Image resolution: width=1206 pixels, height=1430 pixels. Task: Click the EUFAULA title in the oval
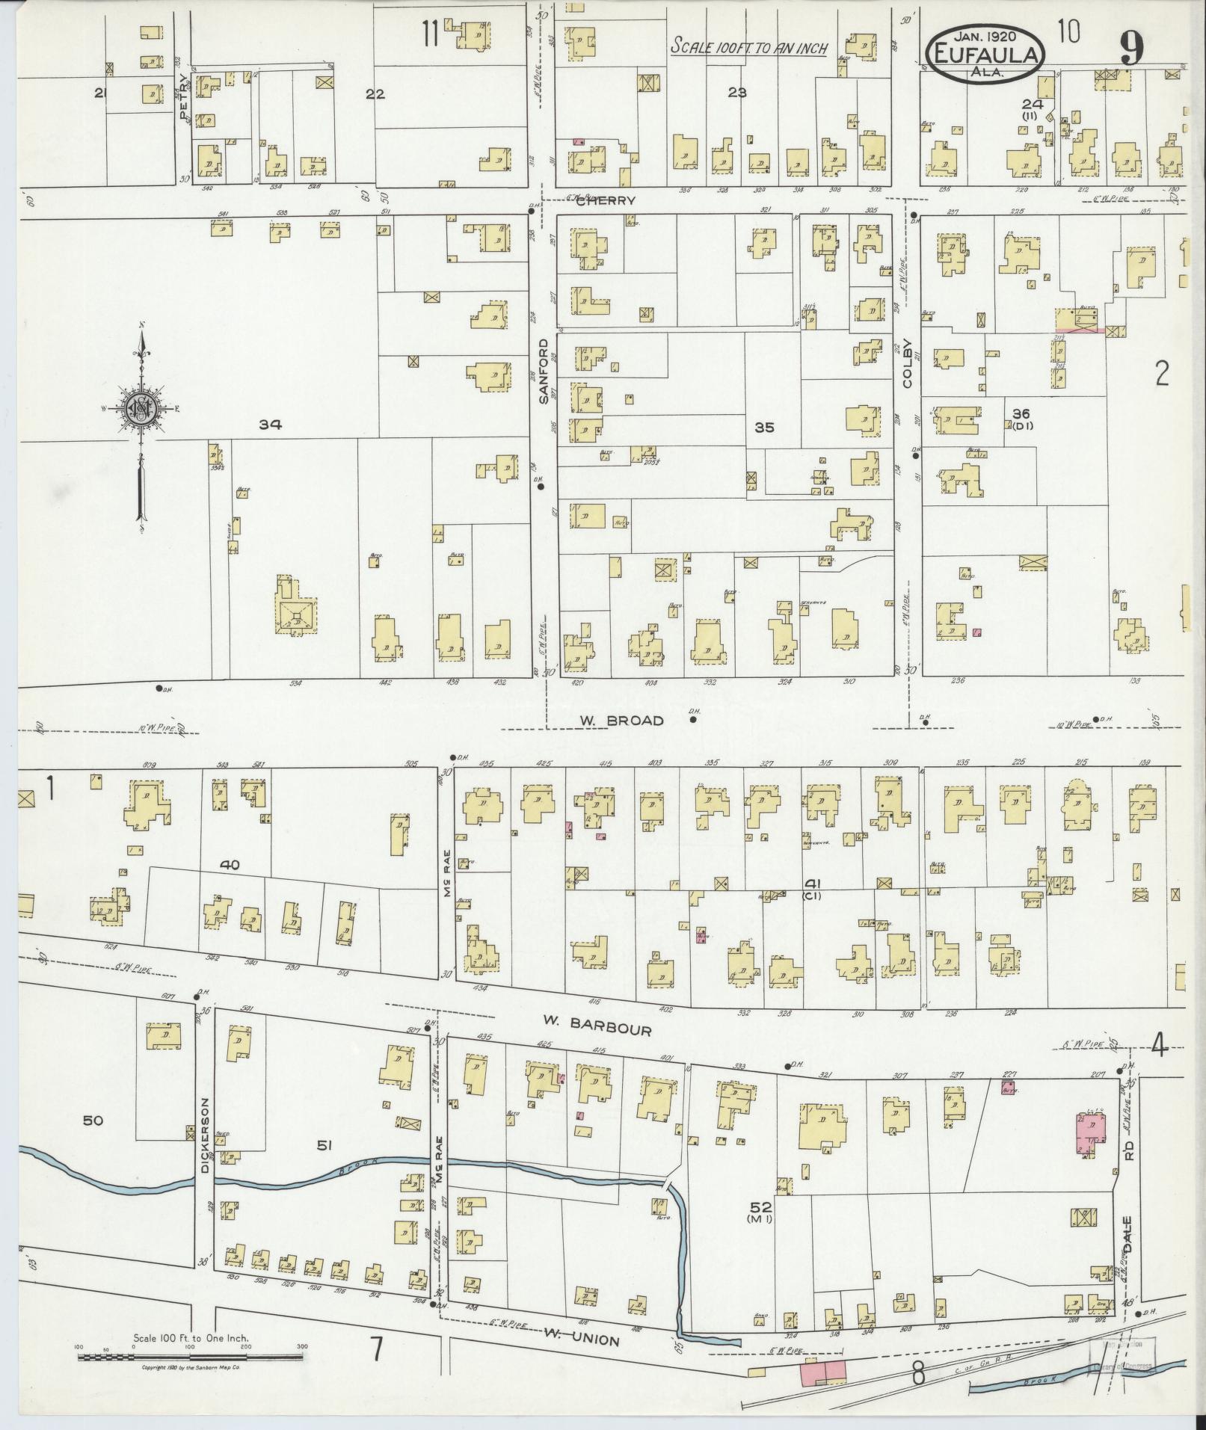coord(985,53)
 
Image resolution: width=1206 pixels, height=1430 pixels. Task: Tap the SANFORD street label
coord(544,372)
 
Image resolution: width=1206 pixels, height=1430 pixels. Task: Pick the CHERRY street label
coord(606,200)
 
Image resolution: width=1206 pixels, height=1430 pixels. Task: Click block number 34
coord(271,425)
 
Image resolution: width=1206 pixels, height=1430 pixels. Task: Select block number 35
coord(764,428)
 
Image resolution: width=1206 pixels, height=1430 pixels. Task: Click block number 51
coord(324,1144)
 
